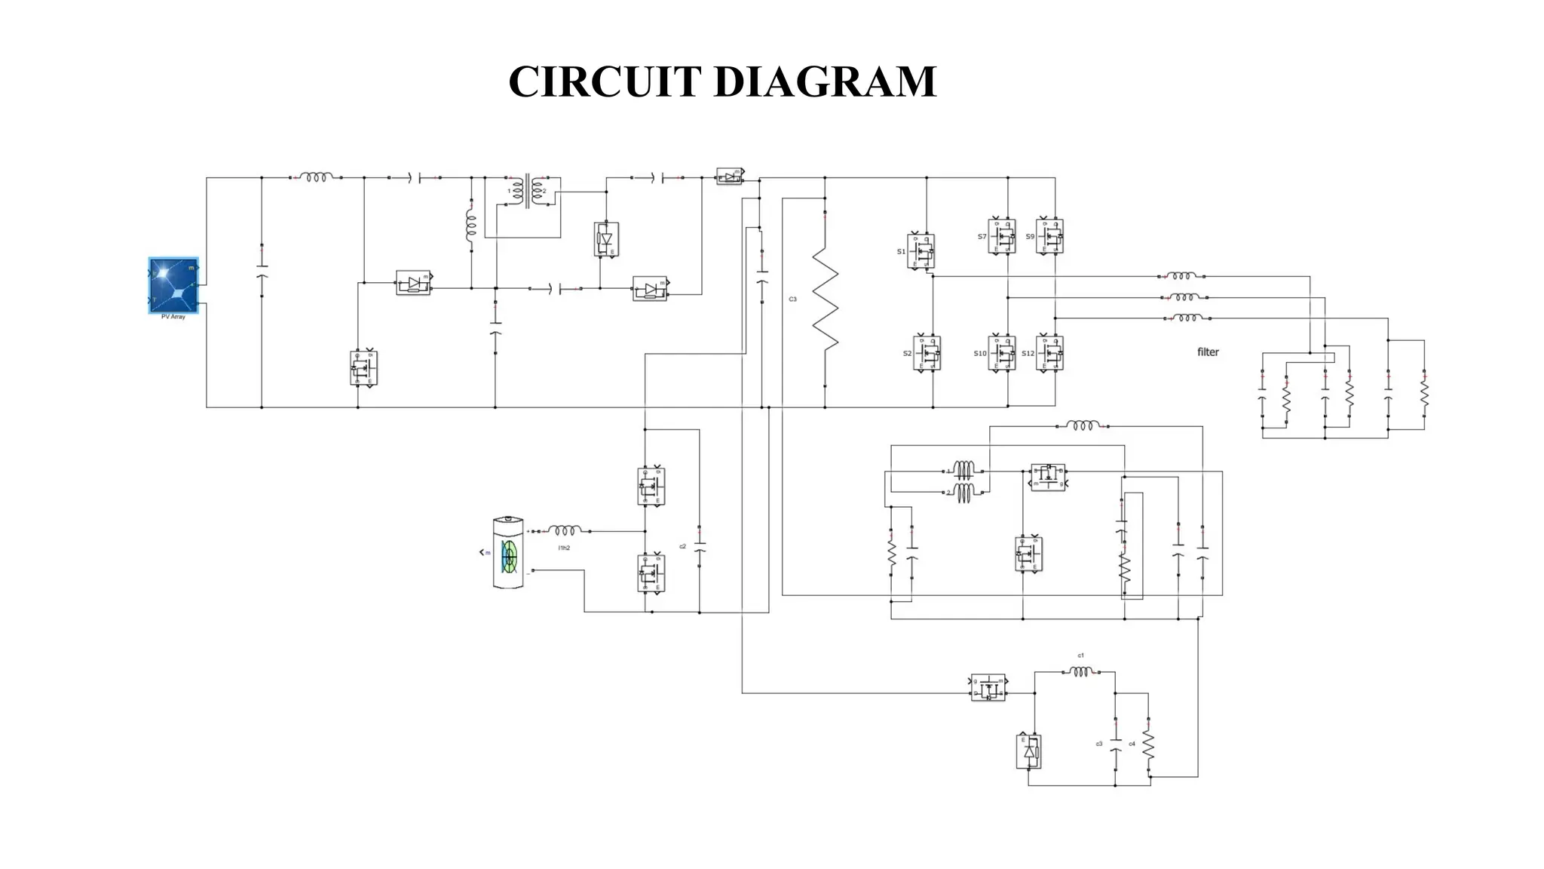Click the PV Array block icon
(x=173, y=284)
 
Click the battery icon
(x=507, y=553)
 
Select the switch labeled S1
(x=921, y=251)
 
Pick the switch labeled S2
(x=927, y=353)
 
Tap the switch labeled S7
(x=1002, y=236)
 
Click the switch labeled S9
(x=1050, y=236)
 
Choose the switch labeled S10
(x=1002, y=353)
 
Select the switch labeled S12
(x=1050, y=353)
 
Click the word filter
(x=1208, y=352)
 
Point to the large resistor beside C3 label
(x=825, y=300)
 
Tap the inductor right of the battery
(x=564, y=531)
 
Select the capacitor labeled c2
(x=700, y=546)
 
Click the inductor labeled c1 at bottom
(x=1080, y=671)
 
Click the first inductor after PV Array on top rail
(x=316, y=177)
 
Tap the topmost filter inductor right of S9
(x=1181, y=276)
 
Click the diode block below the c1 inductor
(x=1028, y=751)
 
